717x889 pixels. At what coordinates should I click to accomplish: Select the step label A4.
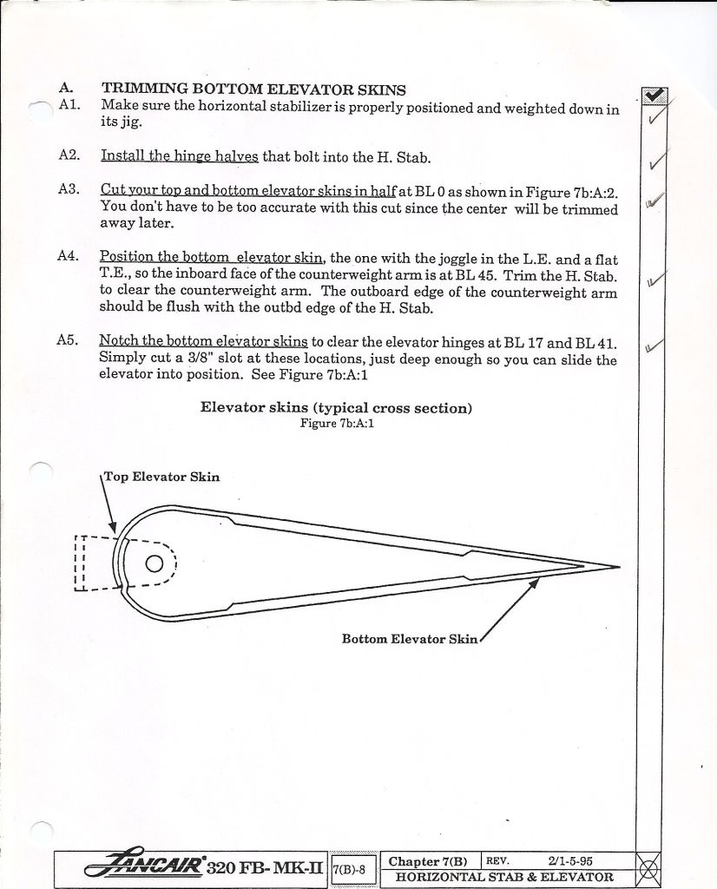[69, 257]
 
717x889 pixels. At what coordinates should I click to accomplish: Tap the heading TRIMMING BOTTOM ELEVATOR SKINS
[253, 89]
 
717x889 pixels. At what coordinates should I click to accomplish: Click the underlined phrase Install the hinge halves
[179, 156]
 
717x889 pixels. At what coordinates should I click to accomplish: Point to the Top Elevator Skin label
[162, 477]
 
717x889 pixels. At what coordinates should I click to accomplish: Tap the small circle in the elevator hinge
[154, 563]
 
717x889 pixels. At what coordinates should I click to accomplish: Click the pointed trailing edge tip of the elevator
[617, 567]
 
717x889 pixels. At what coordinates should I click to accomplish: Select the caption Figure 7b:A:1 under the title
[337, 424]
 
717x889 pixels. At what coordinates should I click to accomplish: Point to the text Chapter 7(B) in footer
[428, 861]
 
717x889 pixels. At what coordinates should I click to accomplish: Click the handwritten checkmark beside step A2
[658, 161]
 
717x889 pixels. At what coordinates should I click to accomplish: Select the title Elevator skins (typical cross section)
[336, 408]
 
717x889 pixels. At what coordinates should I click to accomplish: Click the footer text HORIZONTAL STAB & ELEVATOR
[504, 877]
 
